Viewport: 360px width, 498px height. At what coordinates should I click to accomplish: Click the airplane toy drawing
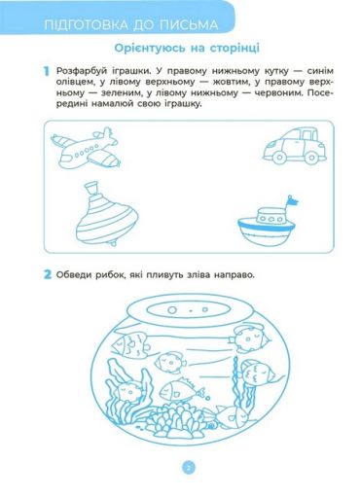click(86, 149)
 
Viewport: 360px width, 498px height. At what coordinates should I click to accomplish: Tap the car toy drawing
click(295, 146)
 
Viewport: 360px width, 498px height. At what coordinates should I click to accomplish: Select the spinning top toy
click(107, 214)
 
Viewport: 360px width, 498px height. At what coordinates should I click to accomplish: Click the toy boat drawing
click(268, 225)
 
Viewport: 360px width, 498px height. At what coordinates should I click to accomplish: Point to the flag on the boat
click(292, 201)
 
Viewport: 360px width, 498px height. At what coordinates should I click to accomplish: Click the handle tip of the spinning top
click(91, 186)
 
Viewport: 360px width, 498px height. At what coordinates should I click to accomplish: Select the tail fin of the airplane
click(105, 133)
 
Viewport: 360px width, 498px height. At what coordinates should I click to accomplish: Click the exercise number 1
click(47, 71)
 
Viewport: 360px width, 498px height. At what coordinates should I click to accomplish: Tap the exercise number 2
click(48, 274)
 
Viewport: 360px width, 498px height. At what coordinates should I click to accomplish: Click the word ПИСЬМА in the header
click(191, 25)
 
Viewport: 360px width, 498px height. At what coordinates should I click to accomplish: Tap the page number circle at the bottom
click(189, 468)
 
